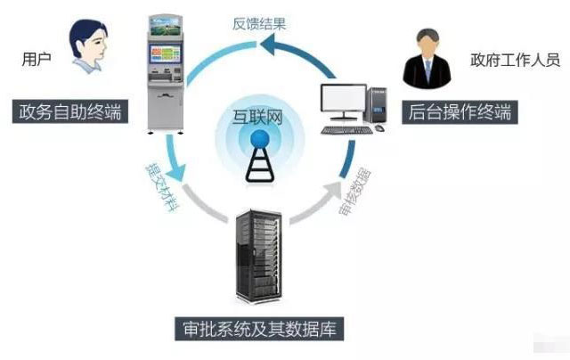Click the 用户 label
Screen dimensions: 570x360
[x=37, y=59]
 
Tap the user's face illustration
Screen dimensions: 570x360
[x=89, y=45]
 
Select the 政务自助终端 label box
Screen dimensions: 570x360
[x=70, y=111]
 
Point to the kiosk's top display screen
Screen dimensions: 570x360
[x=166, y=25]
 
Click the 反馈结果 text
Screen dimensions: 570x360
[x=259, y=24]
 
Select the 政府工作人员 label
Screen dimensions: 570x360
[x=515, y=60]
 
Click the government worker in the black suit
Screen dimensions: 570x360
[x=427, y=59]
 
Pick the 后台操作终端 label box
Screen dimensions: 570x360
[x=460, y=112]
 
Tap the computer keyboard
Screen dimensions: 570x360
[x=347, y=130]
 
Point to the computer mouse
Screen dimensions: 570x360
[x=379, y=128]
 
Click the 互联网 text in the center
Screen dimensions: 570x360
[x=257, y=117]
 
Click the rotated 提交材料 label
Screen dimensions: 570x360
[x=162, y=187]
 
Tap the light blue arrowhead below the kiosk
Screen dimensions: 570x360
[x=177, y=172]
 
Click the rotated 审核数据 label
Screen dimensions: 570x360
[x=354, y=192]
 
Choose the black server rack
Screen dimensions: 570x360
[x=259, y=256]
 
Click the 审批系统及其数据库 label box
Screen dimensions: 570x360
[x=259, y=329]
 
